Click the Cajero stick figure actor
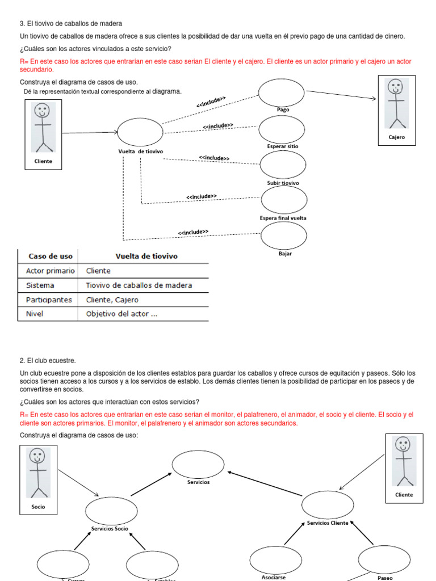(396, 104)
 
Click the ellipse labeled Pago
(282, 92)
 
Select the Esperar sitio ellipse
(282, 129)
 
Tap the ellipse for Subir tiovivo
(283, 165)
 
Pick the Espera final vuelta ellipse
(284, 200)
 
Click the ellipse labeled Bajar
(284, 235)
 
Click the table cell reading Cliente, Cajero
(112, 300)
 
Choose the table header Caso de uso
(47, 256)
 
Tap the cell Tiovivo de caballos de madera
(139, 285)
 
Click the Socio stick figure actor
(38, 473)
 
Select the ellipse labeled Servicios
(198, 464)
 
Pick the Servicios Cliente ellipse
(328, 505)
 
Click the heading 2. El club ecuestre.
(48, 360)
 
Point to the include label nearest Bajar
(193, 232)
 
